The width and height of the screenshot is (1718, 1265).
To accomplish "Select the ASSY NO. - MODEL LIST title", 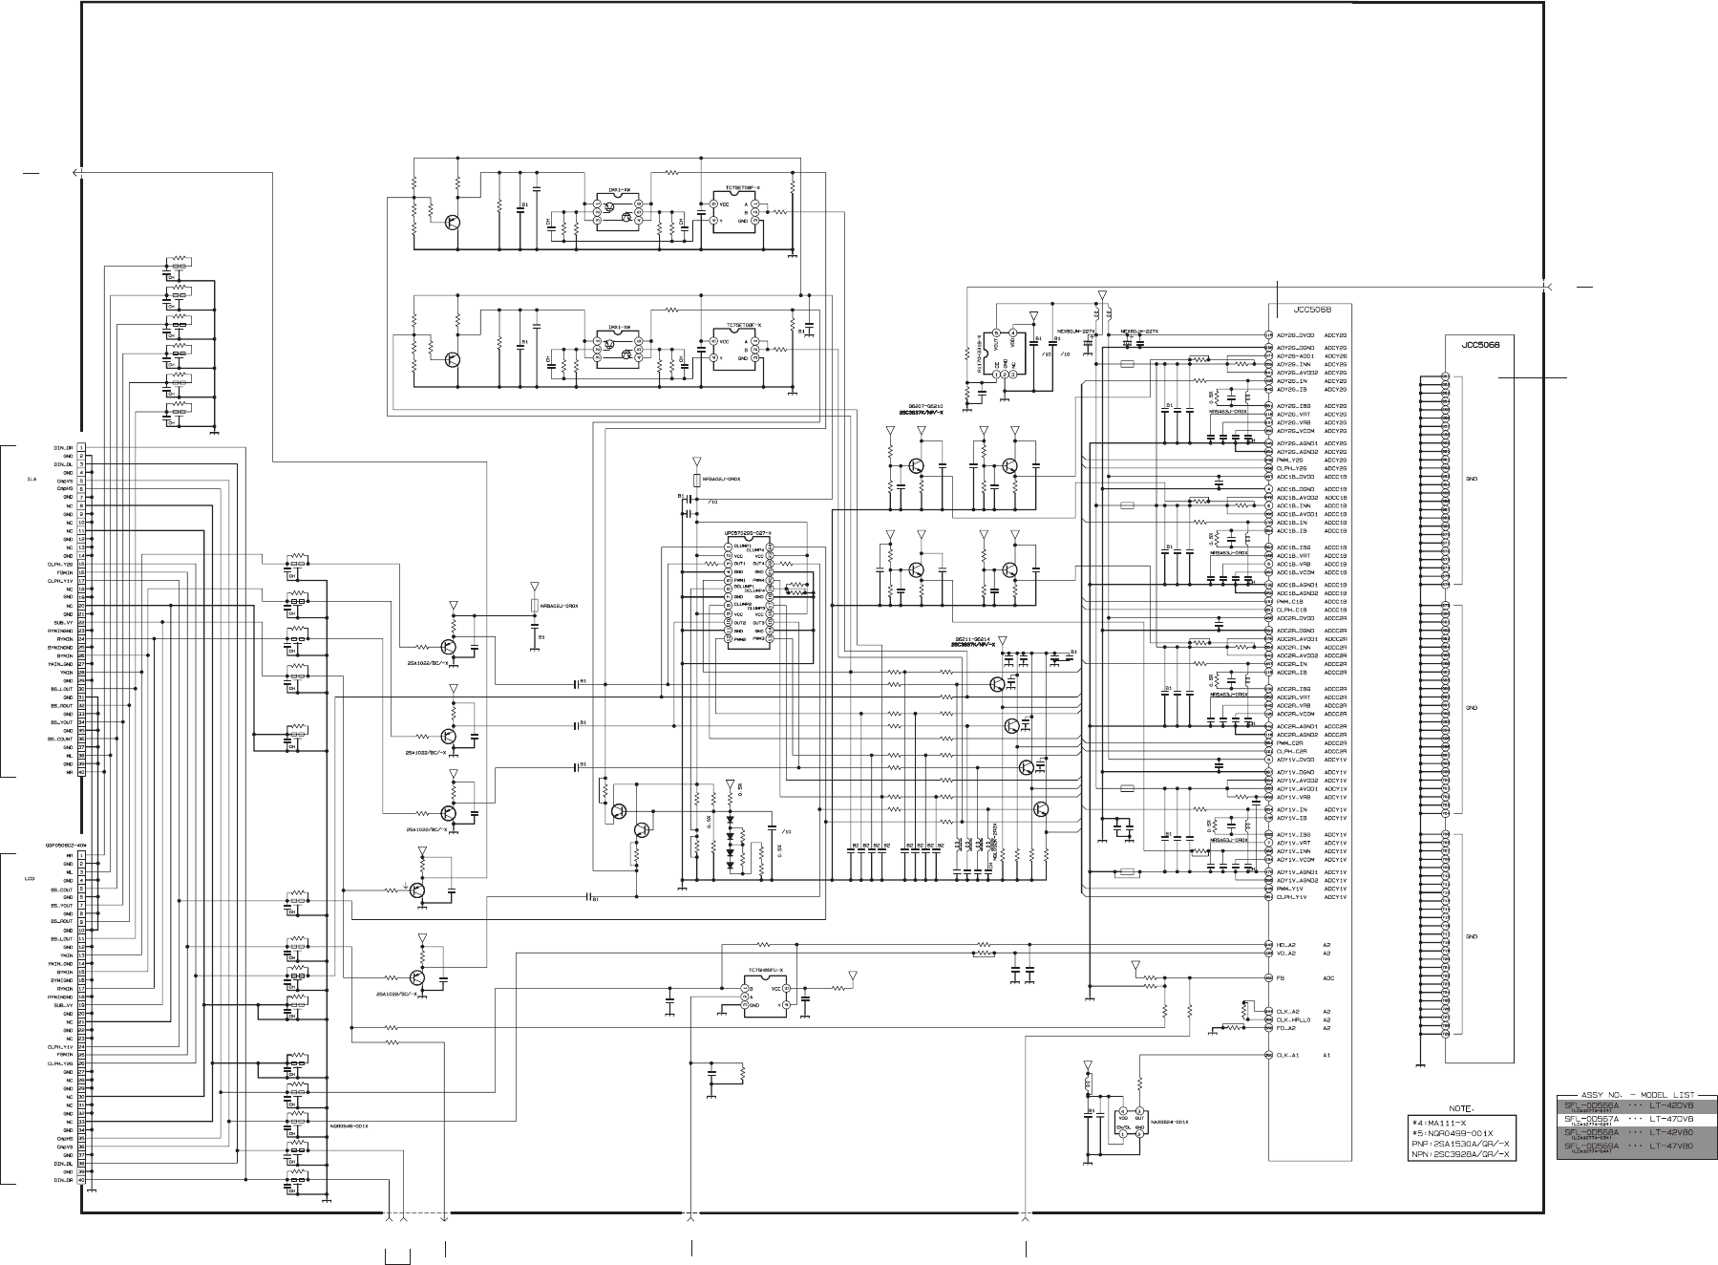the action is [1635, 1097].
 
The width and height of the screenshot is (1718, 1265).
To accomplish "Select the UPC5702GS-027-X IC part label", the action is [748, 532].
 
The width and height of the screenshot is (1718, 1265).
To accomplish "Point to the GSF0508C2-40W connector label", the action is [64, 845].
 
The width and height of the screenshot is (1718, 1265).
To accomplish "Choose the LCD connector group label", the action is [31, 877].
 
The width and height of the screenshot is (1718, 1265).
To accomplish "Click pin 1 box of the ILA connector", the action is [83, 446].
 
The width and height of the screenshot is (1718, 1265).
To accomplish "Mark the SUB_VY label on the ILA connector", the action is [64, 622].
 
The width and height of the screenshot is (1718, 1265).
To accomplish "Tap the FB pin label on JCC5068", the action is [1280, 978].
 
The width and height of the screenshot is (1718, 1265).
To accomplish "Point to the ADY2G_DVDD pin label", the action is [1296, 335].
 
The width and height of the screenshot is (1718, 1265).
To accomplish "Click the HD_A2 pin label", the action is [1285, 945].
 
